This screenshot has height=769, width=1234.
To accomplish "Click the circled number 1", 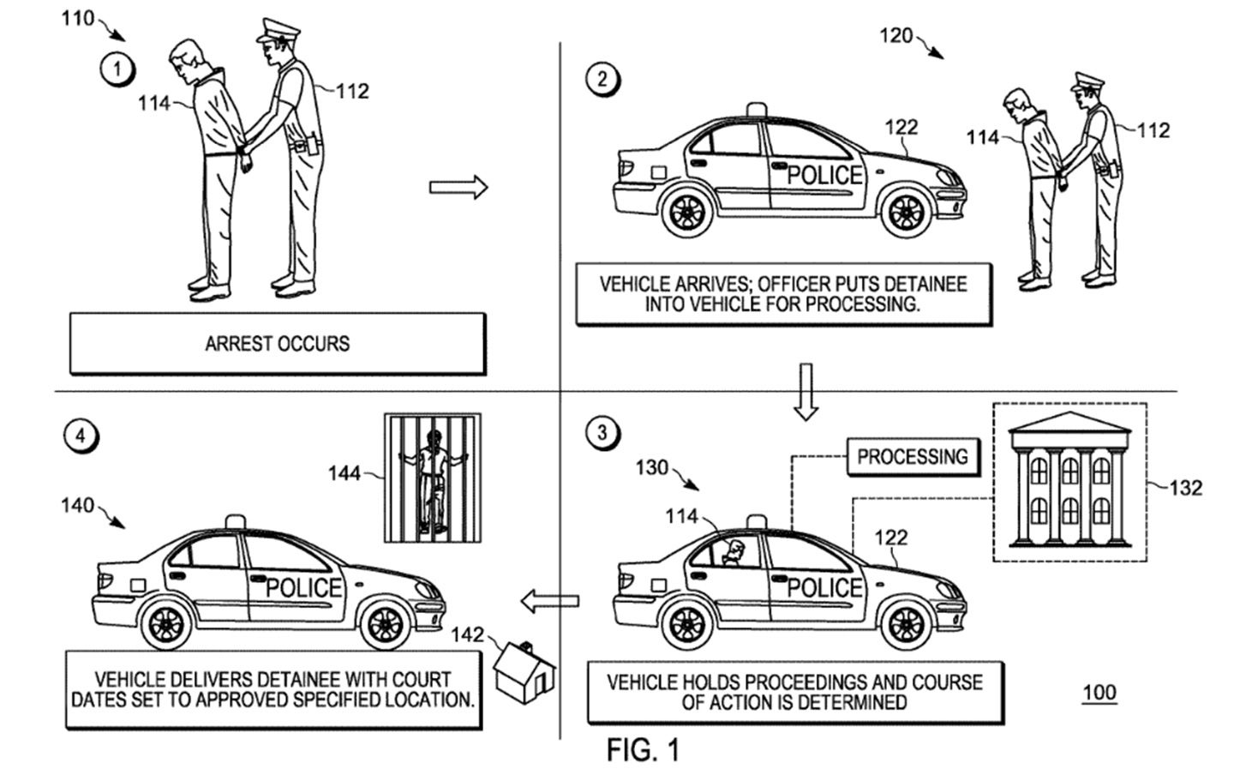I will pos(117,69).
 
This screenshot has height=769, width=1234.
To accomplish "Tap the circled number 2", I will pos(602,80).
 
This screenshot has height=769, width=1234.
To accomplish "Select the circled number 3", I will pos(602,432).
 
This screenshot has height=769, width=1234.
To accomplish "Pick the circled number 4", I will pos(81,436).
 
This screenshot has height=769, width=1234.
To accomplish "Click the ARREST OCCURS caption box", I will pos(277,344).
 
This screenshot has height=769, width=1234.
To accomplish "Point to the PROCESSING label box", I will pos(912,457).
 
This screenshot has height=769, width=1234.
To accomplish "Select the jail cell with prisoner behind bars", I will pos(432,478).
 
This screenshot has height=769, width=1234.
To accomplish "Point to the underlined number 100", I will pos(1099,693).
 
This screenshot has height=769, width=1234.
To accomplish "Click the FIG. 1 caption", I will pos(643,749).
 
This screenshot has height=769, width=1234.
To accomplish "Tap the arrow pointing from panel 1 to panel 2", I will pos(458,187).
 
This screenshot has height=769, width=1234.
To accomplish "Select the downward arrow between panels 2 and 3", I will pos(805,391).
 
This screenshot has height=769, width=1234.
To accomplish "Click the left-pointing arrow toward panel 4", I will pos(549,601).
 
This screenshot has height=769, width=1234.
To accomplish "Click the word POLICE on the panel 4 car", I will pos(303,588).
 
